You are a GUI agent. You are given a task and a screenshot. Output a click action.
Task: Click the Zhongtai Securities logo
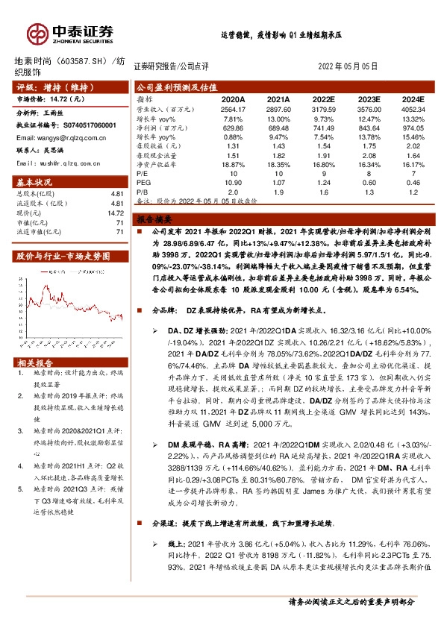pyautogui.click(x=70, y=32)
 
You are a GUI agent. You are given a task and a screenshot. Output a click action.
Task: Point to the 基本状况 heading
pyautogui.click(x=34, y=183)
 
